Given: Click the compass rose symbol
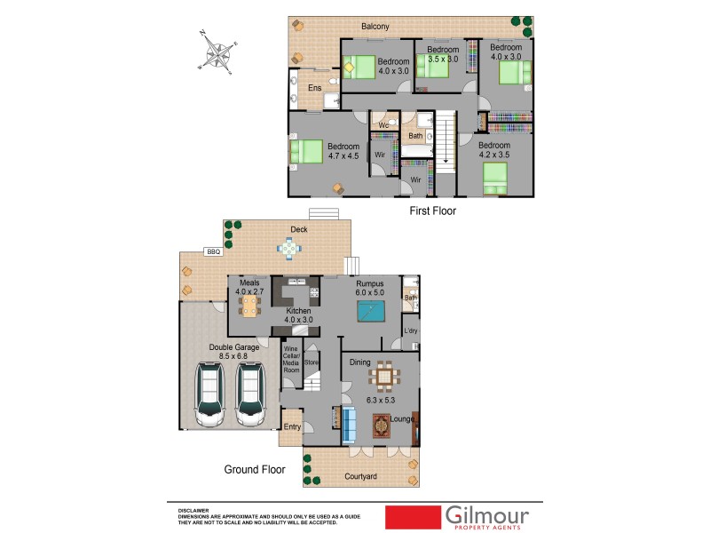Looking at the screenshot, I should click(217, 52).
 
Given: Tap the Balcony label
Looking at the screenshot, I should click(375, 27).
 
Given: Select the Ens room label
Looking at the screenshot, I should click(314, 88).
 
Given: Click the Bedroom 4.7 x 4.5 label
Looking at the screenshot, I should click(343, 151).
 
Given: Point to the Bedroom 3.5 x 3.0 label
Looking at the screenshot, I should click(443, 54).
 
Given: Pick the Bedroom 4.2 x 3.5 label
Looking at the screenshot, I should click(494, 149).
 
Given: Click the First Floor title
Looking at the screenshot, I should click(432, 211).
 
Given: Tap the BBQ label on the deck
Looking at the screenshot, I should click(212, 252).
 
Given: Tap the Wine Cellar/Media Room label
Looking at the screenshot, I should click(291, 358).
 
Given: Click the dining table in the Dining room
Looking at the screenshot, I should click(384, 378).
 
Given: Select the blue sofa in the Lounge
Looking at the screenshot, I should click(349, 426).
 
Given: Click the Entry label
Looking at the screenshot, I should click(291, 427).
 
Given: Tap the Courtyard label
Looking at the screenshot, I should click(360, 477).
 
